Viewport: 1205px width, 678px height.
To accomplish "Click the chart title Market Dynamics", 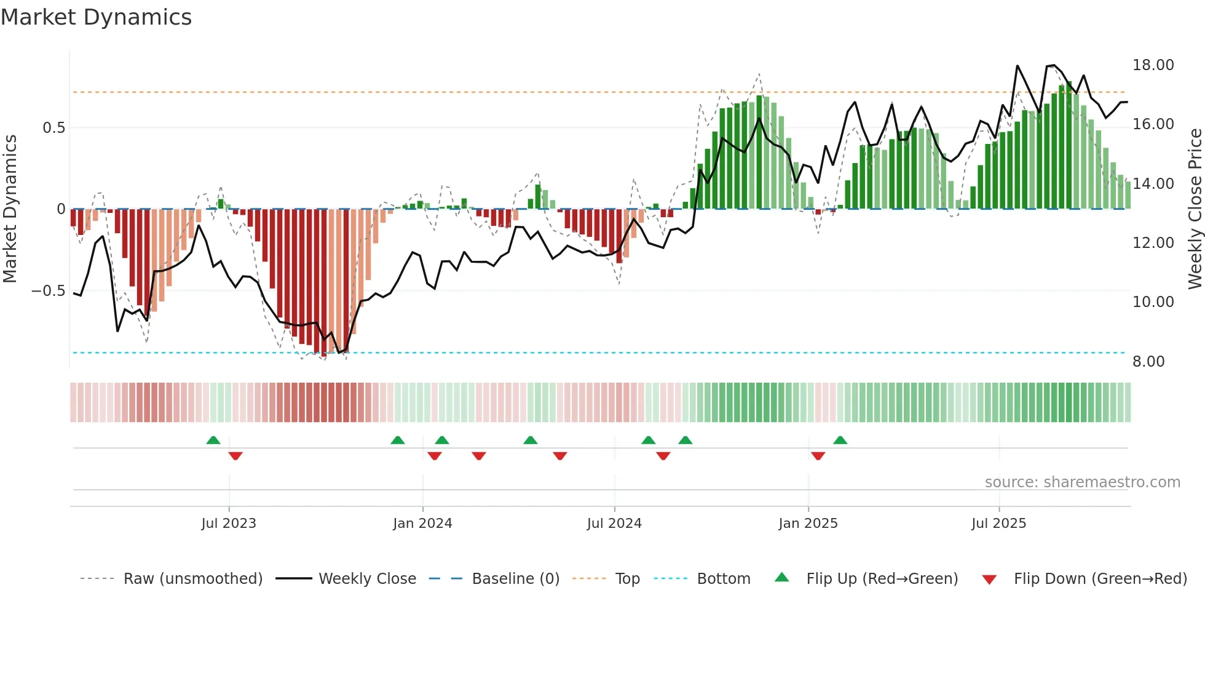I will tap(96, 17).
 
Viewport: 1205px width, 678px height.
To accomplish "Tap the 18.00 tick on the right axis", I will tap(1153, 65).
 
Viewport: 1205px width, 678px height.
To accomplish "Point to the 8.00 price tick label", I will tap(1148, 362).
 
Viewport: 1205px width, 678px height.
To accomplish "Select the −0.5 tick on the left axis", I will tap(48, 291).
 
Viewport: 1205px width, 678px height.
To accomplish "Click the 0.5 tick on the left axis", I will tap(53, 128).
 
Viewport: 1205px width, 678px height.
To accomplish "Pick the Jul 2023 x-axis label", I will tap(229, 524).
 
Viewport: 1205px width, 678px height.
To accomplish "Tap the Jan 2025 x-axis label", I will tap(808, 524).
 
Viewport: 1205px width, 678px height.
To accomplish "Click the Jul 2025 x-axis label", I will tap(998, 524).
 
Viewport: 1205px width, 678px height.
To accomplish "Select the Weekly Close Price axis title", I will tap(1195, 209).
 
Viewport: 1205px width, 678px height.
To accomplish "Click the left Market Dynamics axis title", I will tap(10, 209).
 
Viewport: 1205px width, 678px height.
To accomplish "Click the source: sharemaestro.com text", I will tap(1082, 482).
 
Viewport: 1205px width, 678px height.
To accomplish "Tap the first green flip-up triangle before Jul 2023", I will tap(213, 441).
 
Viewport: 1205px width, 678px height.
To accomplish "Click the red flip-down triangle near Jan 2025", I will tap(818, 456).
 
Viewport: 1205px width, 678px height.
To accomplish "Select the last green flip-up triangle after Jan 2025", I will tap(840, 441).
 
